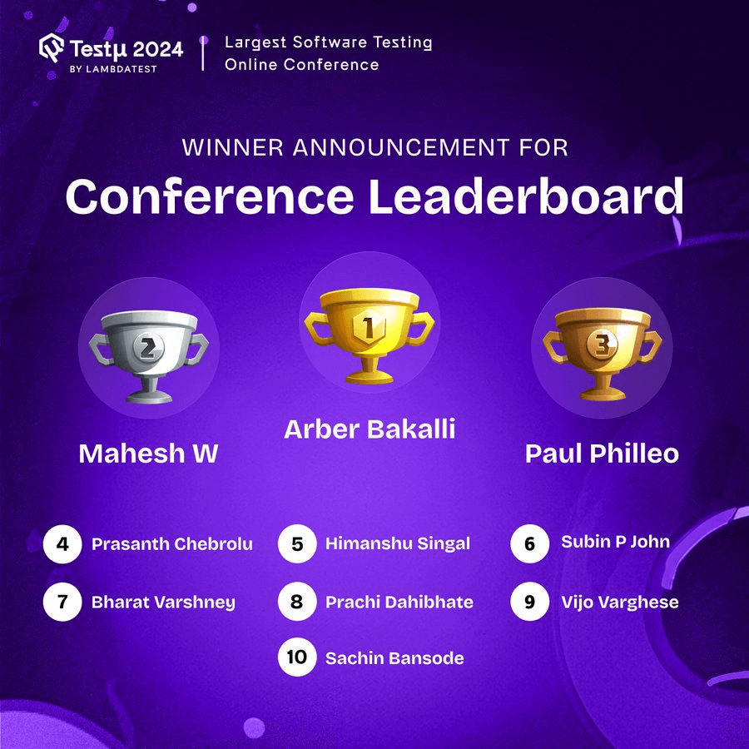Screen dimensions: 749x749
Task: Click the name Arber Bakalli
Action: (x=370, y=429)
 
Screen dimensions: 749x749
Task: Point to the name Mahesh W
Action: (x=148, y=454)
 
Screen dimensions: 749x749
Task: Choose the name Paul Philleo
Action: (x=602, y=454)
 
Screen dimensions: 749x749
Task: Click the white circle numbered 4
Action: (x=62, y=545)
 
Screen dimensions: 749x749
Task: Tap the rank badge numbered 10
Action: (x=297, y=657)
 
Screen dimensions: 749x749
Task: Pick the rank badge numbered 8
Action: (x=297, y=602)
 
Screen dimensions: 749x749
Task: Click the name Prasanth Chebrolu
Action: (x=171, y=545)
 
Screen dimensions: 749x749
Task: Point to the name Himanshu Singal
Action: (x=398, y=544)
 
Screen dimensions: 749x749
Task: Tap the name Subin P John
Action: (x=615, y=543)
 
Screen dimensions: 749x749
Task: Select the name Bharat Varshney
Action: (x=163, y=603)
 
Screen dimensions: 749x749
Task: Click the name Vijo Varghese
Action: (x=619, y=602)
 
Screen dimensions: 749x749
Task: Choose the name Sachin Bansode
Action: (x=394, y=658)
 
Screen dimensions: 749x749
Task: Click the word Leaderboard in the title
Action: (x=526, y=197)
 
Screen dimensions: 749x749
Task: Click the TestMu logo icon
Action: (x=52, y=48)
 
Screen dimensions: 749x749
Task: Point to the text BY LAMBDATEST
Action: (x=113, y=68)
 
